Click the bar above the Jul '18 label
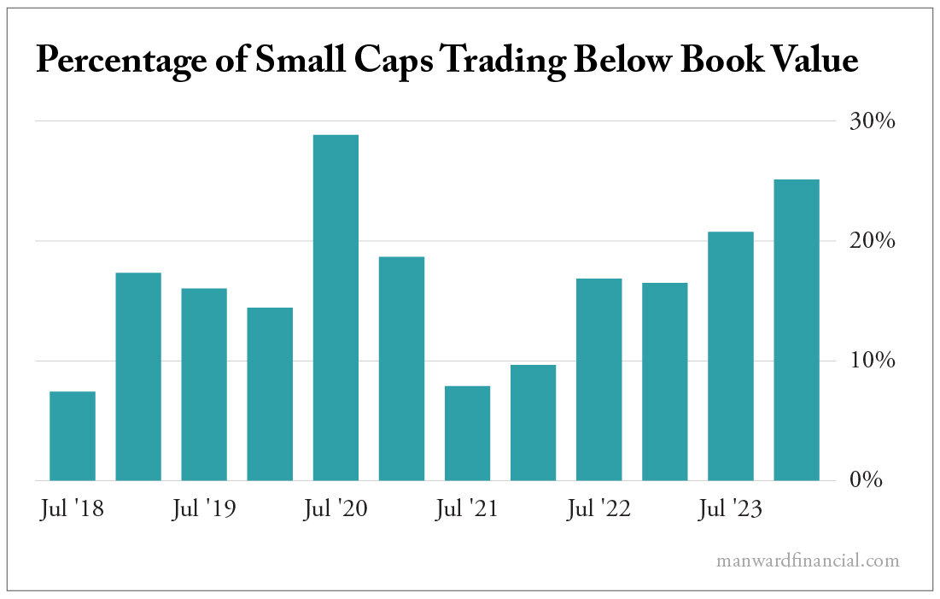tap(73, 436)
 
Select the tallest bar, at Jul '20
tap(336, 308)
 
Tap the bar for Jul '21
tap(467, 433)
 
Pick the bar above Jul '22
tap(598, 379)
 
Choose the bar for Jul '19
tap(204, 385)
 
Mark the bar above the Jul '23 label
tap(731, 356)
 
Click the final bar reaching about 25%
tap(797, 330)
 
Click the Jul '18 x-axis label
tap(73, 510)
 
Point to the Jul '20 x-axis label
tap(336, 510)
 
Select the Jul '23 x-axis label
tap(731, 510)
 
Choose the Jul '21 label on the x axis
tap(467, 510)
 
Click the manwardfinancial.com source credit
tap(808, 561)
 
